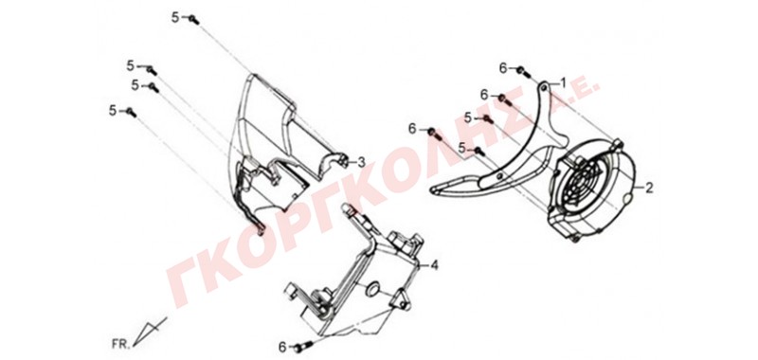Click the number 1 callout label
pos(563,81)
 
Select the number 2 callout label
pos(649,188)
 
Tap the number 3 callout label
pos(361,163)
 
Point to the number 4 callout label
pos(434,265)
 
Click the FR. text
pos(120,344)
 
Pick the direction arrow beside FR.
pos(149,332)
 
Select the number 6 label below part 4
pos(282,347)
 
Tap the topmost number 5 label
pos(175,18)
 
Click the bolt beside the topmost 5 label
pos(193,20)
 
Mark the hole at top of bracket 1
pos(545,87)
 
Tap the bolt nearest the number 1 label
pos(522,72)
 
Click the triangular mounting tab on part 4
pos(402,298)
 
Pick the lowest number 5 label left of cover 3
pos(113,111)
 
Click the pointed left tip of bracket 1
pos(431,189)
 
